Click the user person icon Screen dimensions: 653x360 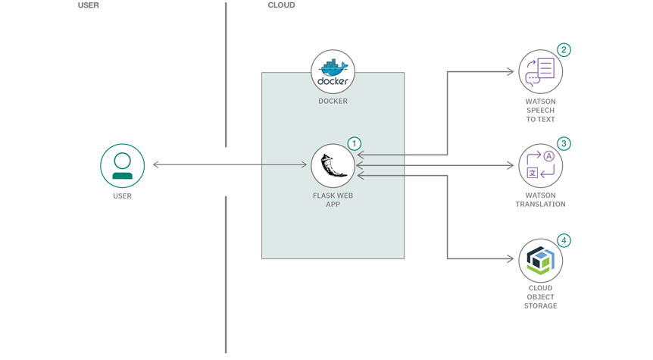[123, 166]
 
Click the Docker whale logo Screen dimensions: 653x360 [333, 72]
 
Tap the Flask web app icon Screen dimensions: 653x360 [333, 166]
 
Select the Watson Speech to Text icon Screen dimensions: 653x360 [541, 72]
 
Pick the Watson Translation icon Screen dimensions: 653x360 [541, 166]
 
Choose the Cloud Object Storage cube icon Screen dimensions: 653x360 [541, 261]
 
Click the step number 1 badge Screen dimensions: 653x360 [355, 144]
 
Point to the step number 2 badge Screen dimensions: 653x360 [564, 50]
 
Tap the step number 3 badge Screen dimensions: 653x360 [564, 144]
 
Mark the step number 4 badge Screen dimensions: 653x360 [564, 240]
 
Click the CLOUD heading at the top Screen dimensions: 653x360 [281, 5]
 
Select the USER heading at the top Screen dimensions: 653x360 [89, 5]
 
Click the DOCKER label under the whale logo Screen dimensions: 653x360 [333, 101]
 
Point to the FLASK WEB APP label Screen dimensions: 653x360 [333, 199]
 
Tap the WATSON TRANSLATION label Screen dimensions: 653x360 [541, 199]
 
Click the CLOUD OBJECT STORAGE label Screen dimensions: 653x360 [541, 296]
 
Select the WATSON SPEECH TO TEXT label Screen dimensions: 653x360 [541, 110]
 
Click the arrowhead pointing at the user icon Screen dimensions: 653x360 [156, 164]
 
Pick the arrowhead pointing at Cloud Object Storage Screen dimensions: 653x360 [511, 258]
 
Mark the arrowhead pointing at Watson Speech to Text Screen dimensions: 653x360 [511, 72]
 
